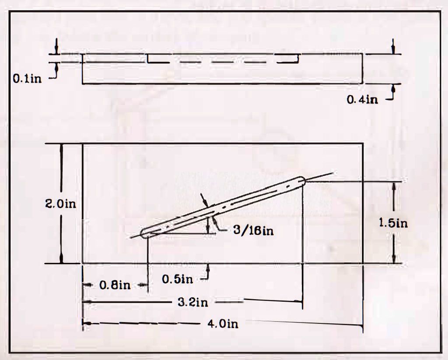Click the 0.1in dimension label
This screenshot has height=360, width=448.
28,79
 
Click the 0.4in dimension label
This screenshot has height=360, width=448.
362,100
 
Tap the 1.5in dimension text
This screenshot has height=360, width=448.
393,223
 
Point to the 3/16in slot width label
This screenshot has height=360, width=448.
253,231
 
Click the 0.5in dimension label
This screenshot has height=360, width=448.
178,279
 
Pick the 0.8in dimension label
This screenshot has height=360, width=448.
115,285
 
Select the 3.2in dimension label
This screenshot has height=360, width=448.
193,302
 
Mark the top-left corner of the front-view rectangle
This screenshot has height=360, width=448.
83,143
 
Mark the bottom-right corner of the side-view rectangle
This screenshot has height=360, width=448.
362,83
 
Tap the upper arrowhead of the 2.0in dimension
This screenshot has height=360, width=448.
61,146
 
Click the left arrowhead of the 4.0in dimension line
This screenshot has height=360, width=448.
85,324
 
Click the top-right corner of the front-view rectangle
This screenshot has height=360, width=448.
362,143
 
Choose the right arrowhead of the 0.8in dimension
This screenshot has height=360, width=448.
146,285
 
